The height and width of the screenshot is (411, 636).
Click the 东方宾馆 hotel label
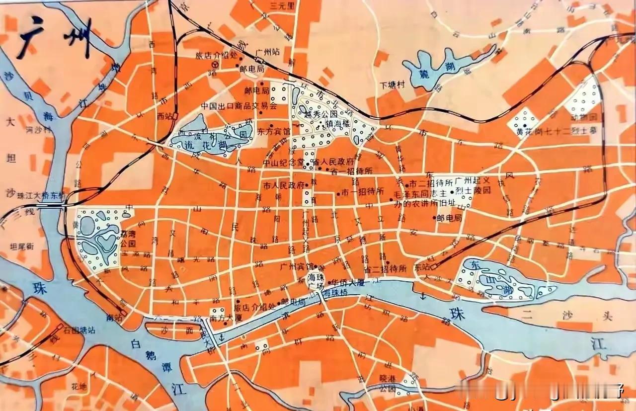pyautogui.click(x=274, y=132)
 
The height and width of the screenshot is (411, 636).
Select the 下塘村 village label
pyautogui.click(x=391, y=84)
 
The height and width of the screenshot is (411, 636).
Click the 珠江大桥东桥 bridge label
pyautogui.click(x=41, y=196)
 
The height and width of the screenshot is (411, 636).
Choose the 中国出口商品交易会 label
pyautogui.click(x=238, y=106)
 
